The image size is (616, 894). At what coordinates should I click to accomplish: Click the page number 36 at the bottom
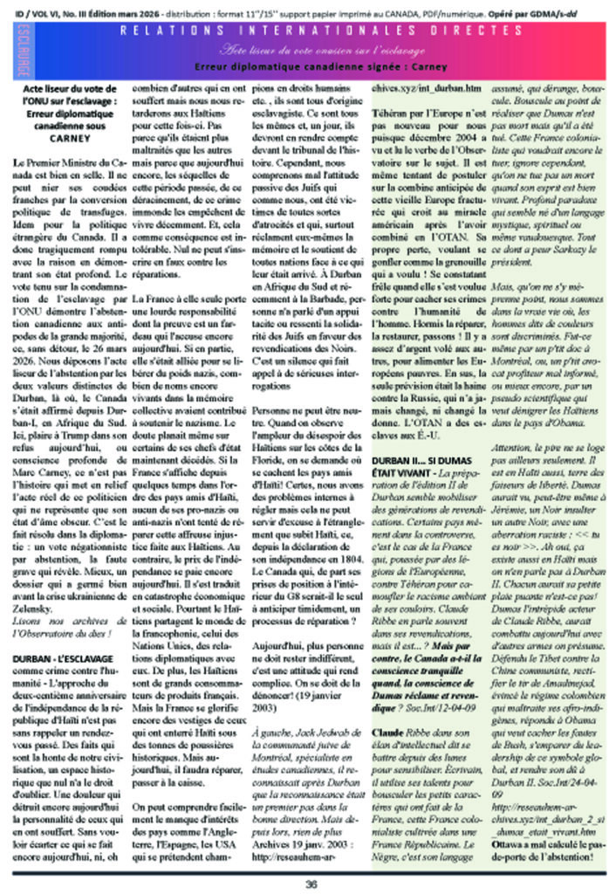(x=311, y=882)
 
